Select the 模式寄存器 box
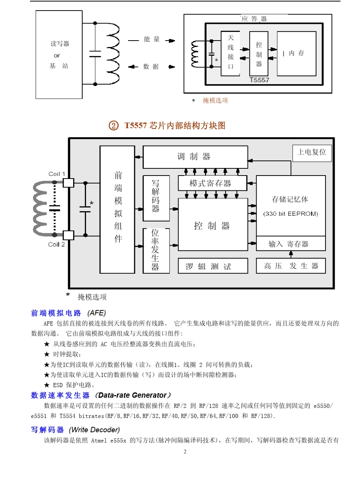pyautogui.click(x=210, y=184)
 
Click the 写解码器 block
pyautogui.click(x=156, y=198)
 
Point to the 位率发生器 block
pyautogui.click(x=156, y=250)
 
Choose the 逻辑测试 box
pyautogui.click(x=213, y=266)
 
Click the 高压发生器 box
pyautogui.click(x=291, y=266)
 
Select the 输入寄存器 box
pyautogui.click(x=291, y=244)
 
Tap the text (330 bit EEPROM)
pyautogui.click(x=291, y=213)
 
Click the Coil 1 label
pyautogui.click(x=56, y=174)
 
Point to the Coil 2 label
pyautogui.click(x=56, y=245)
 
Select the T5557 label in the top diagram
pyautogui.click(x=260, y=80)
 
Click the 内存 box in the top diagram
pyautogui.click(x=296, y=53)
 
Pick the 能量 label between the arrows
pyautogui.click(x=152, y=39)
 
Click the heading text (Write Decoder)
pyautogui.click(x=94, y=430)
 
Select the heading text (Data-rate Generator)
pyautogui.click(x=133, y=395)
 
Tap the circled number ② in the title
pyautogui.click(x=113, y=126)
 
